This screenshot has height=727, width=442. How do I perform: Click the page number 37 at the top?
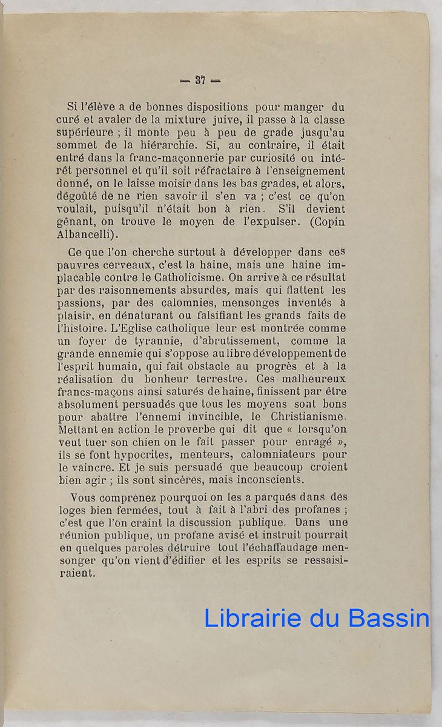(x=201, y=80)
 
